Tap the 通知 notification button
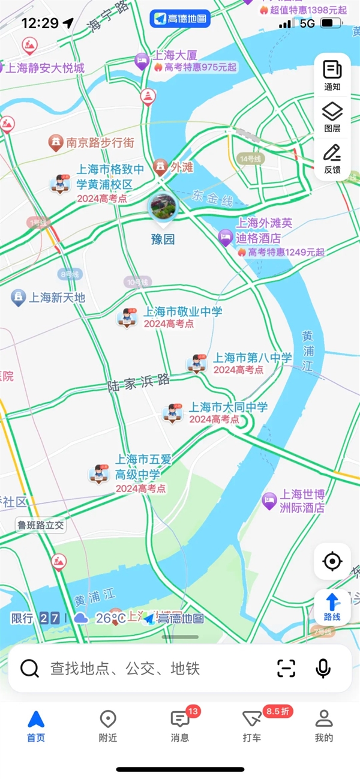click(332, 75)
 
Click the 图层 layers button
click(332, 116)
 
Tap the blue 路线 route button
click(332, 606)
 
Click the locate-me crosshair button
click(332, 562)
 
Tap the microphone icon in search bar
click(323, 668)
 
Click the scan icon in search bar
click(286, 668)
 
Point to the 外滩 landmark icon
click(160, 167)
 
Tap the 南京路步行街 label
click(100, 143)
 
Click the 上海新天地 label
click(58, 297)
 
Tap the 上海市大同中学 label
click(228, 408)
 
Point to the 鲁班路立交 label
click(41, 525)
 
